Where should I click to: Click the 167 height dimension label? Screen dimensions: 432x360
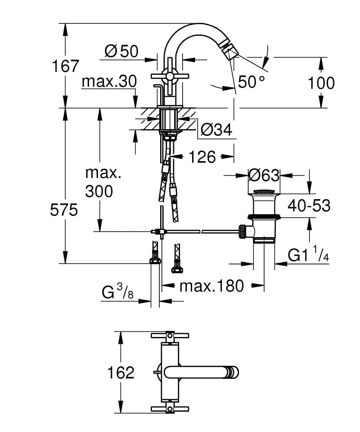click(x=66, y=66)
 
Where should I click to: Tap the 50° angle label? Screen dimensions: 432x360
click(x=251, y=82)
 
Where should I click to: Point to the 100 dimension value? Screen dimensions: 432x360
click(x=321, y=83)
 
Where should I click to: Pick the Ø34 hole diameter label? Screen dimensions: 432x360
click(x=217, y=129)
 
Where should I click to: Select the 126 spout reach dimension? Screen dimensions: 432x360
click(x=202, y=157)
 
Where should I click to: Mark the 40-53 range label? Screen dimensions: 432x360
click(x=309, y=206)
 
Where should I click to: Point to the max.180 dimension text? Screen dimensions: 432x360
click(x=212, y=286)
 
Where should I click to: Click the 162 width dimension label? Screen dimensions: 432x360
click(x=121, y=372)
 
